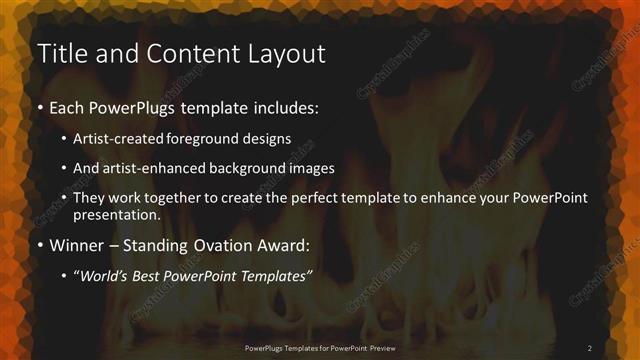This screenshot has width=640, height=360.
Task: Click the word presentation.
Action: [x=117, y=214]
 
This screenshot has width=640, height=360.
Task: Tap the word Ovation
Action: [x=221, y=244]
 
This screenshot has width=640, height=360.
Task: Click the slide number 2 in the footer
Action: [x=590, y=347]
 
